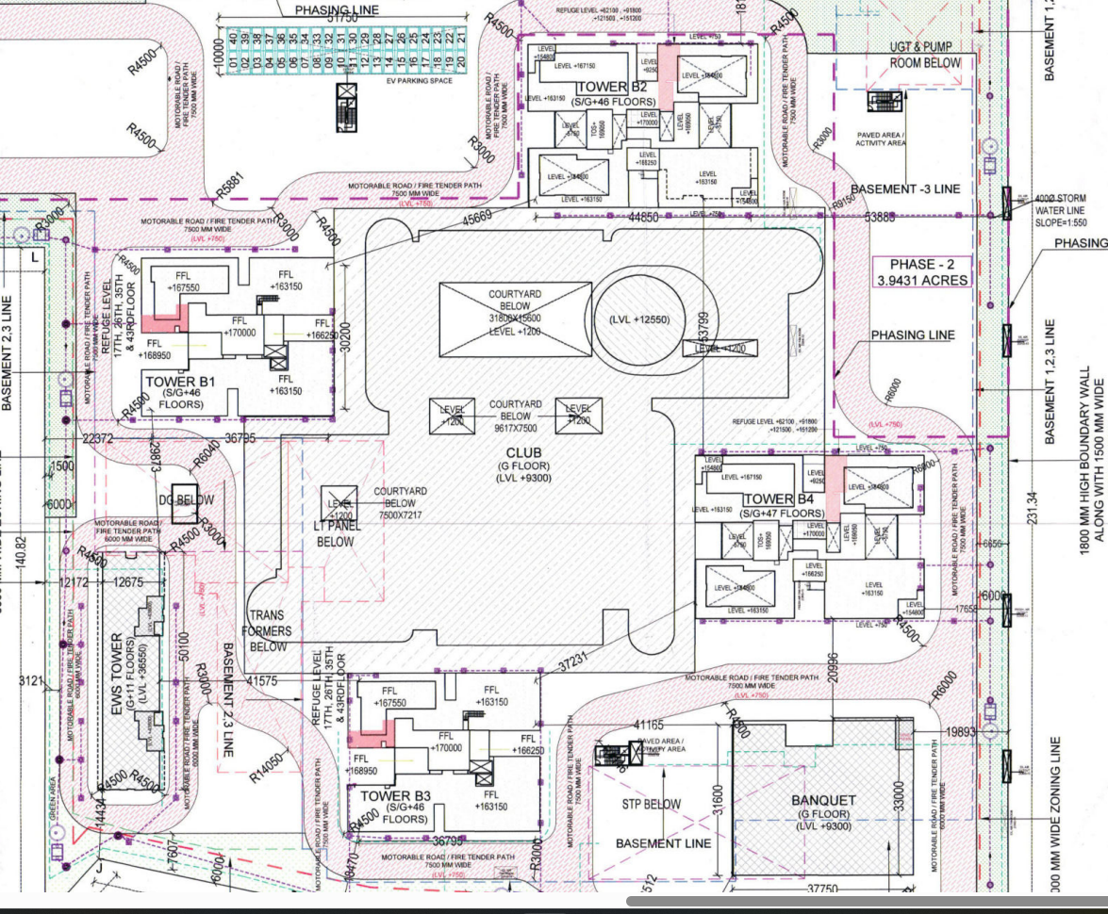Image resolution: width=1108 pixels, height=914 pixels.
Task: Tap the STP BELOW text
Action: (x=651, y=805)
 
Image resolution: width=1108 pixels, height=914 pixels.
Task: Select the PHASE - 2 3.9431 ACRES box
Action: (x=913, y=272)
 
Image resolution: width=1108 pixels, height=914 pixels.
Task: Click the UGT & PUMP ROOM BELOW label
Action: (x=925, y=55)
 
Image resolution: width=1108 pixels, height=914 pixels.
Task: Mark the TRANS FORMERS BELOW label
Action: (x=270, y=630)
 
